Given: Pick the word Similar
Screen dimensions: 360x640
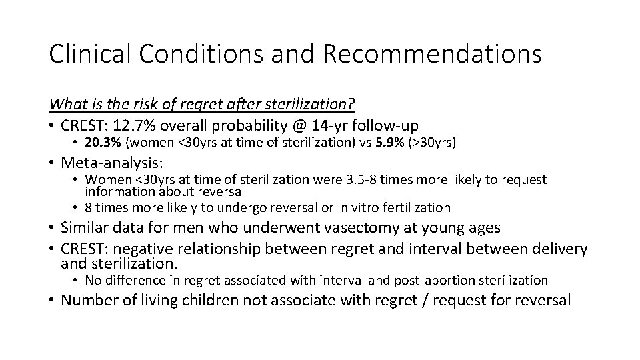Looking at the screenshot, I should tap(85, 228).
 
